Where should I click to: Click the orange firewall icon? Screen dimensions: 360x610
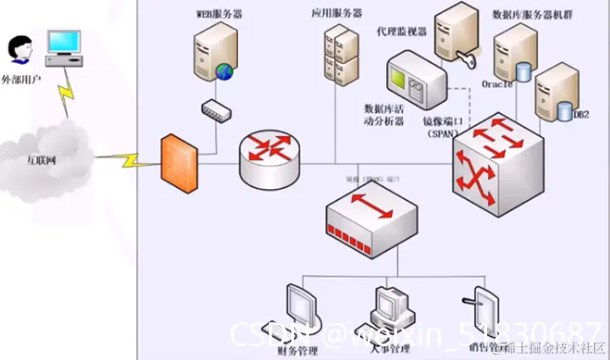click(179, 163)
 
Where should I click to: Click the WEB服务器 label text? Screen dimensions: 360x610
click(218, 14)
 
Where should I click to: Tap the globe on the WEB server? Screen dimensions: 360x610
click(224, 73)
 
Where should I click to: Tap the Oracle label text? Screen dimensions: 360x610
click(497, 84)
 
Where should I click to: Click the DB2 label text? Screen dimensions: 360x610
click(581, 115)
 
